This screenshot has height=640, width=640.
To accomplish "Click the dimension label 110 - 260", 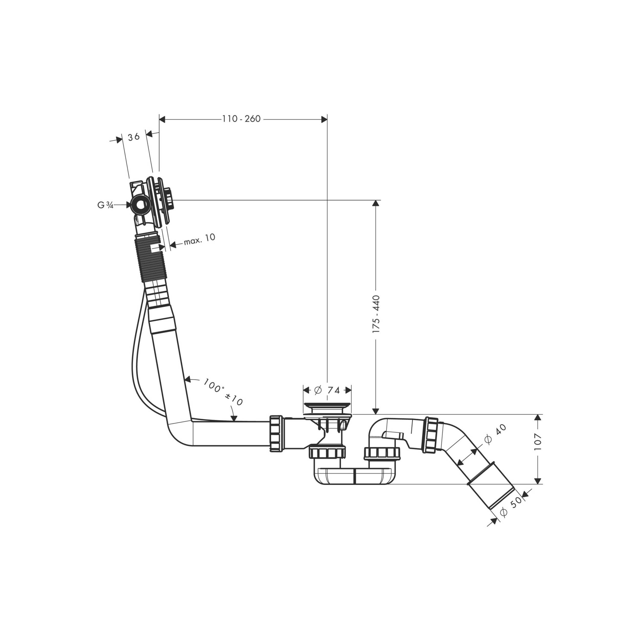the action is click(241, 119).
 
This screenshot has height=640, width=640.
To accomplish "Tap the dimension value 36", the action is click(134, 136).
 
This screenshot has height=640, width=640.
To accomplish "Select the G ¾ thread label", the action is click(105, 205).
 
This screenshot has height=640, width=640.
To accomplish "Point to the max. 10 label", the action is click(199, 239).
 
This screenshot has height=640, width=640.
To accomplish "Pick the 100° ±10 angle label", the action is click(223, 392).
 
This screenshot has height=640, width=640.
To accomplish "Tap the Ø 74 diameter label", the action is click(327, 390).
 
